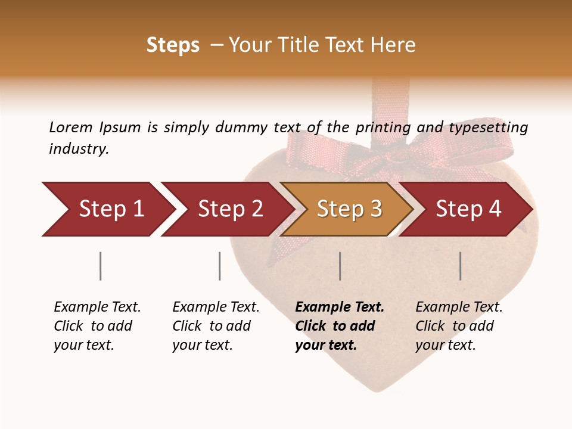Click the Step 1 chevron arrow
[107, 209]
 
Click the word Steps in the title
[173, 45]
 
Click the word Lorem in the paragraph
[70, 127]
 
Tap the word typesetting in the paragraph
[488, 127]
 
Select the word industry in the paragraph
[78, 149]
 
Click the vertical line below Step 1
[100, 266]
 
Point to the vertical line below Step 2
[219, 266]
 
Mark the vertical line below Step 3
[340, 266]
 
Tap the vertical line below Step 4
[460, 266]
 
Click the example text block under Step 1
[97, 326]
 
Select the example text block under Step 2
[215, 326]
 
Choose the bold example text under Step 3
[339, 326]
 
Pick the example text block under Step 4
[458, 326]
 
